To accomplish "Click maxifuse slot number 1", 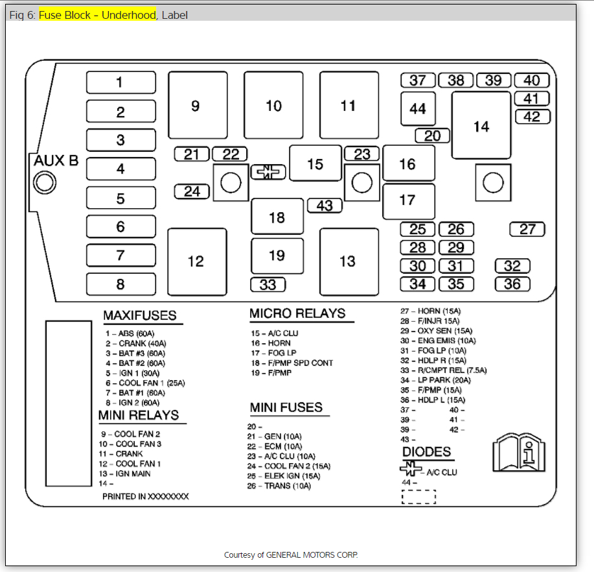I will tap(121, 82).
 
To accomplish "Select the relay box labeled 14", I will tap(481, 126).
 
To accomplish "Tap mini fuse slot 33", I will tap(268, 284).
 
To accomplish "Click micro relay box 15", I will tap(315, 163).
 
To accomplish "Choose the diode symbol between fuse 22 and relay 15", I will tap(268, 172).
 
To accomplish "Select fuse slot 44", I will tap(417, 109).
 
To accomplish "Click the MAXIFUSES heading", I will tap(140, 316).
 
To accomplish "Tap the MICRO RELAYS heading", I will tap(297, 313).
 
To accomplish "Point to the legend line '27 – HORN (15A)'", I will tap(430, 311).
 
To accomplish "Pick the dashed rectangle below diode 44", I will tap(418, 497).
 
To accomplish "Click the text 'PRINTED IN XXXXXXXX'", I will tap(146, 496).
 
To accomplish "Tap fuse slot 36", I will tap(512, 283).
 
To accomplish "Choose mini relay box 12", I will tap(196, 261).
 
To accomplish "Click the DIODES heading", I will tap(426, 452).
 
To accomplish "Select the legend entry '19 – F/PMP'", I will tap(271, 373).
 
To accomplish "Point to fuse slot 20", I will tap(432, 136).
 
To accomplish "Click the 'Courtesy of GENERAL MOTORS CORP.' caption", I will tap(291, 555).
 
